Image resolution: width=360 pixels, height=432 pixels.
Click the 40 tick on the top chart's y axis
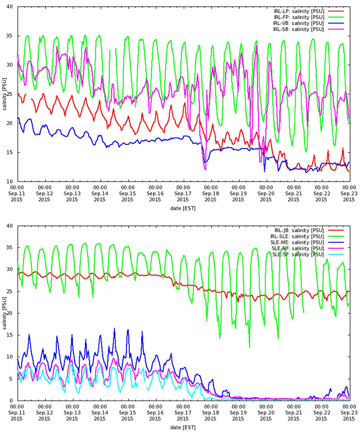click(x=10, y=7)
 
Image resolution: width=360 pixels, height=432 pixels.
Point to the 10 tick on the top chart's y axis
click(x=10, y=181)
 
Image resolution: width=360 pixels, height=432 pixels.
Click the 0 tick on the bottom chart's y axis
click(x=12, y=400)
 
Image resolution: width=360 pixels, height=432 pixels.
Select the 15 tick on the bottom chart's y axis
click(x=10, y=335)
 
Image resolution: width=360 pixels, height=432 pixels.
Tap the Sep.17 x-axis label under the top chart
click(x=183, y=193)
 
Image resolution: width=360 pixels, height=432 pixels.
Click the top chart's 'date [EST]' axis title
click(x=183, y=208)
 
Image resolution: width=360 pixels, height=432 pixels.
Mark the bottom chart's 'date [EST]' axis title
click(x=183, y=427)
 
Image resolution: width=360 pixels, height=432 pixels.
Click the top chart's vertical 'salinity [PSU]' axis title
click(x=4, y=94)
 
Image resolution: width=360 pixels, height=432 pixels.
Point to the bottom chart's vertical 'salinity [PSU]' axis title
click(x=4, y=313)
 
